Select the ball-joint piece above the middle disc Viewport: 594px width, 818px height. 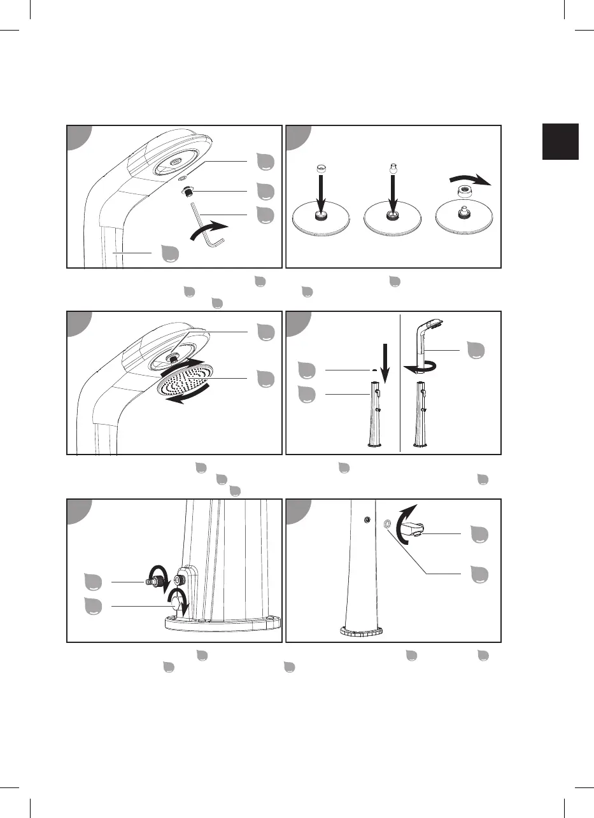(393, 171)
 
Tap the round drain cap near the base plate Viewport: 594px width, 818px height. (178, 602)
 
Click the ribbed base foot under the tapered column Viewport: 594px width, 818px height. (361, 633)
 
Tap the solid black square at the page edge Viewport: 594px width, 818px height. (560, 141)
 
